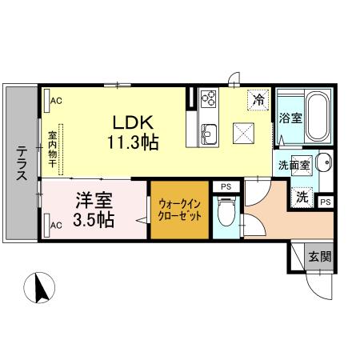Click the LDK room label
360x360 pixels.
tap(133, 124)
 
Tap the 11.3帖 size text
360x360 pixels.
tap(133, 143)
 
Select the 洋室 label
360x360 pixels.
tap(94, 199)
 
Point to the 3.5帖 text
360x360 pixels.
tap(94, 218)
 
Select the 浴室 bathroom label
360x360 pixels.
tap(290, 119)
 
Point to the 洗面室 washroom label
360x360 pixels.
tap(293, 165)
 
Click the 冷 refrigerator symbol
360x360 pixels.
tap(258, 100)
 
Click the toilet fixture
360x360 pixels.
tap(226, 214)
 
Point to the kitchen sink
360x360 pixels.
tap(210, 132)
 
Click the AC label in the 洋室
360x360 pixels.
tap(55, 225)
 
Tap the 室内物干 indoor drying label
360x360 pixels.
tap(51, 149)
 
